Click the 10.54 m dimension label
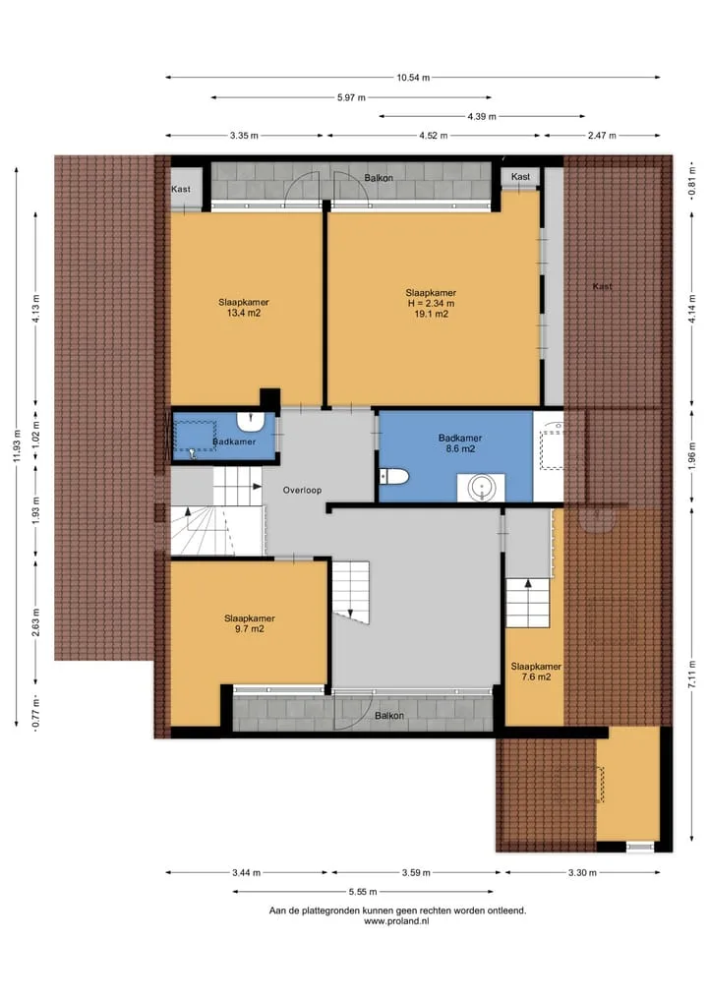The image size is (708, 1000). (x=413, y=78)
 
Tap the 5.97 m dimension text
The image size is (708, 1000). (x=351, y=97)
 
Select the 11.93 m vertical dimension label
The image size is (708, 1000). (x=17, y=446)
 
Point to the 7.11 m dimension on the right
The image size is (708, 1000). (x=692, y=675)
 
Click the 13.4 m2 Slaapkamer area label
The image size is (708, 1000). (x=244, y=313)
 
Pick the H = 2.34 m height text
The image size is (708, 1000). (x=431, y=304)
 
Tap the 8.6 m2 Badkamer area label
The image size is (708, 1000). (x=459, y=449)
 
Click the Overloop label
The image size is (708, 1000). (x=302, y=491)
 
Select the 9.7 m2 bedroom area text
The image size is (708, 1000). (x=250, y=629)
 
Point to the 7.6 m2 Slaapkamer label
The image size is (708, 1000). (x=536, y=677)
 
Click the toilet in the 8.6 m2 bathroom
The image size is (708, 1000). (x=393, y=477)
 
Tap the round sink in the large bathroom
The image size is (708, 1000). (x=481, y=488)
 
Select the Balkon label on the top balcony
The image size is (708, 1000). (x=379, y=178)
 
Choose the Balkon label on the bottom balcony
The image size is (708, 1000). (x=389, y=716)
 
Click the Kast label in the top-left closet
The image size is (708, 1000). (x=181, y=190)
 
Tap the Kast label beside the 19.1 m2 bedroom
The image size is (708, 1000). (x=520, y=177)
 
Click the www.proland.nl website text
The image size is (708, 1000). (x=396, y=921)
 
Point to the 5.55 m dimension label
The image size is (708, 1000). (x=363, y=892)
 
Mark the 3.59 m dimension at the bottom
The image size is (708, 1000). (x=416, y=872)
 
